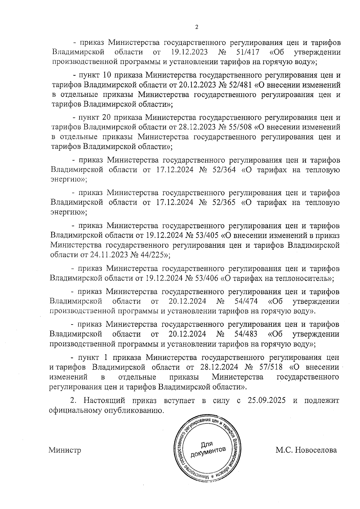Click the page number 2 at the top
(196, 27)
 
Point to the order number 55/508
(240, 127)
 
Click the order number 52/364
(223, 170)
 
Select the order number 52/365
(223, 202)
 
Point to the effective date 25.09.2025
(267, 401)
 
